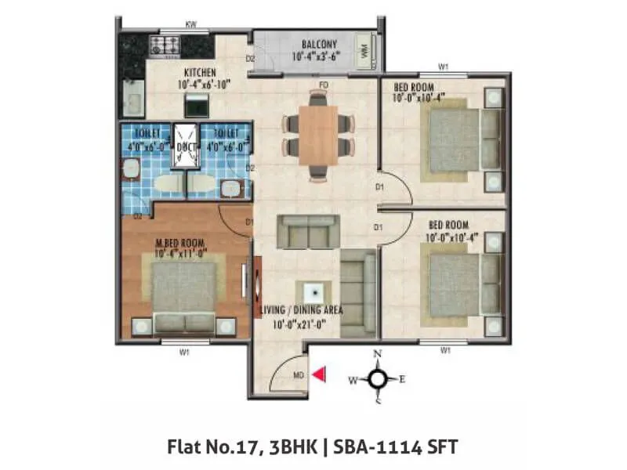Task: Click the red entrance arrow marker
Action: point(318,375)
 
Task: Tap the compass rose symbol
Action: point(377,379)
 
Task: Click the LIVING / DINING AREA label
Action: point(301,311)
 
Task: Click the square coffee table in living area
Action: point(312,291)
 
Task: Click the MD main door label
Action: point(299,376)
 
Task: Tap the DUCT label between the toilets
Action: point(187,146)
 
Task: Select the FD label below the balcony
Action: point(322,85)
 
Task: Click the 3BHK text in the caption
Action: point(296,446)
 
